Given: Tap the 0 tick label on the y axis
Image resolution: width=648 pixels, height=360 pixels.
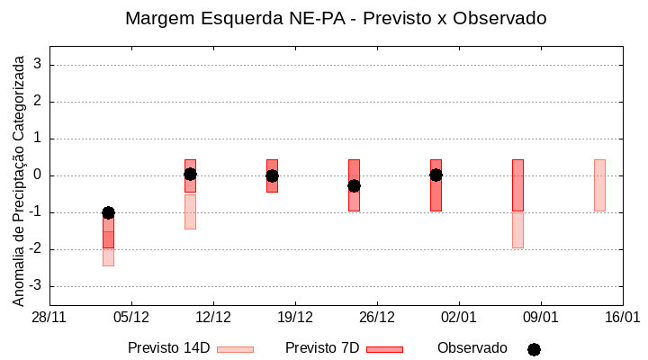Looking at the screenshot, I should (39, 175).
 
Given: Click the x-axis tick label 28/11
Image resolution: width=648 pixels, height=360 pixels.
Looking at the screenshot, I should (49, 318).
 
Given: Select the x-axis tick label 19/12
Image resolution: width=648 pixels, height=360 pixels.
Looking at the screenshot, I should (295, 318).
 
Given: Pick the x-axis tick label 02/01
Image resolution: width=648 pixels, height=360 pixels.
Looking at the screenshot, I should (459, 318).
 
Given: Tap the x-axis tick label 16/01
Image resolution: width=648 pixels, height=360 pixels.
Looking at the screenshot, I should (622, 318).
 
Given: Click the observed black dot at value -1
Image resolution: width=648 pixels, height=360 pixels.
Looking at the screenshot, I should (108, 212).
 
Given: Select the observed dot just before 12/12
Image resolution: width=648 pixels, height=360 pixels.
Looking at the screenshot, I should (190, 175).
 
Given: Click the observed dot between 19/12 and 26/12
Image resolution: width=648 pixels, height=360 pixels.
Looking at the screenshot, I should (354, 185).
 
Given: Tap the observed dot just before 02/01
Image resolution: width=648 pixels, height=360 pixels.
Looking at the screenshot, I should (436, 175).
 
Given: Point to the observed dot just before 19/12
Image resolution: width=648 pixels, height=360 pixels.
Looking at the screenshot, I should (272, 175).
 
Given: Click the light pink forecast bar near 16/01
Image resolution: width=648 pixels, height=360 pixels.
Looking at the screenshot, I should (599, 185).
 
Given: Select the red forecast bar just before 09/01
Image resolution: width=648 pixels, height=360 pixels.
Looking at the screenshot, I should (517, 185).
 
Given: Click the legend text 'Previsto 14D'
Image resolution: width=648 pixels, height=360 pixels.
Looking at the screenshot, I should (168, 348).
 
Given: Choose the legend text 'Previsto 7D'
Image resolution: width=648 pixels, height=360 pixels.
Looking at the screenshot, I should (322, 348).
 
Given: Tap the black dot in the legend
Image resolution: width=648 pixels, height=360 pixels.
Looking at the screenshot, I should (534, 349).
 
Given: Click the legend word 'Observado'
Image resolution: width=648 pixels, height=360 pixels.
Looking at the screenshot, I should (472, 348).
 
